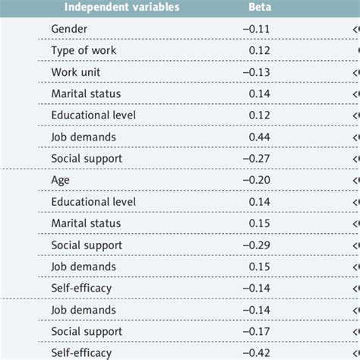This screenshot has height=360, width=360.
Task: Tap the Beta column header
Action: pyautogui.click(x=257, y=8)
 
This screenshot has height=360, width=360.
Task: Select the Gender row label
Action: pyautogui.click(x=68, y=29)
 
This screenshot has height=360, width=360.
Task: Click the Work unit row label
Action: pyautogui.click(x=76, y=72)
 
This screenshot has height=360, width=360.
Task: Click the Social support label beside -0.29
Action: pyautogui.click(x=87, y=245)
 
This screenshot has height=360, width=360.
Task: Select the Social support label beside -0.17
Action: pyautogui.click(x=87, y=332)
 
